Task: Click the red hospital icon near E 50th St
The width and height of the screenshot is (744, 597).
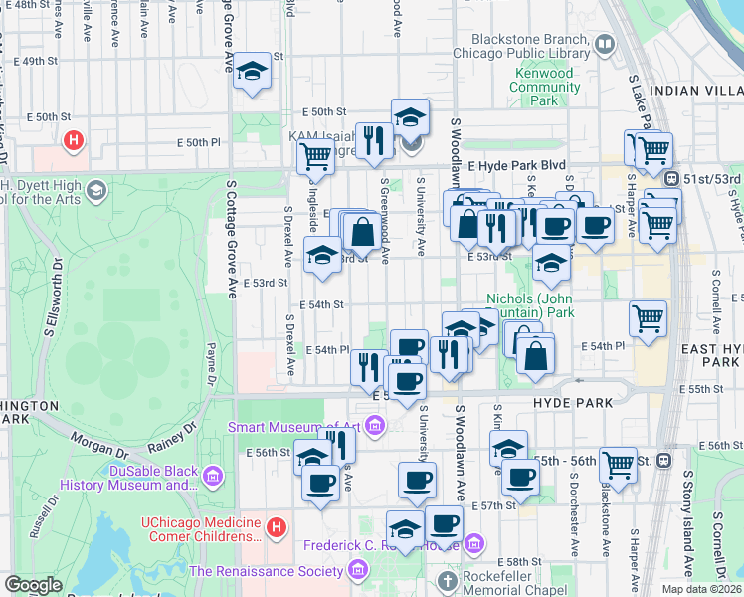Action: (72, 141)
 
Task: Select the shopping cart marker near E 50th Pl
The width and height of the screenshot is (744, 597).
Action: (315, 155)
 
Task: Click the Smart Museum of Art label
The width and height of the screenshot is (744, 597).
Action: (296, 428)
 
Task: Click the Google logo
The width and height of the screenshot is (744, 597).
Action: (33, 585)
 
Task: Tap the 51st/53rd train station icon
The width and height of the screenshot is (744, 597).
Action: (673, 179)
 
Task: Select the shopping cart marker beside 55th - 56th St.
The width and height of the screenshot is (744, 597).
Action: (618, 464)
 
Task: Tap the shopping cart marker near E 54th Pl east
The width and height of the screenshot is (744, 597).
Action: (648, 319)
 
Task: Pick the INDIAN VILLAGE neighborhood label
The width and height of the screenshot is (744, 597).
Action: (695, 91)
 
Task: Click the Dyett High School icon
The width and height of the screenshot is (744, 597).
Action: (96, 189)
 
